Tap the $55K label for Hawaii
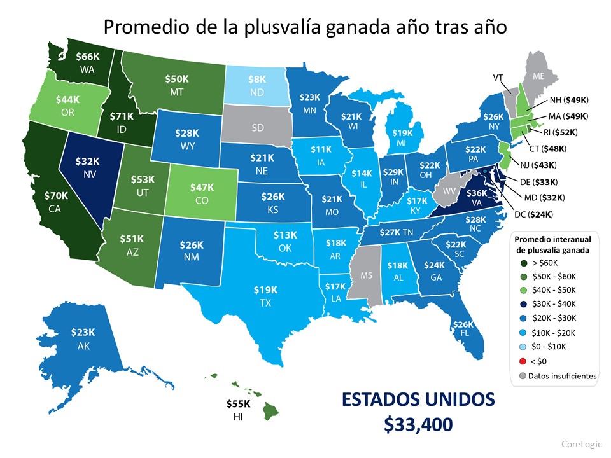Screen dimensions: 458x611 [x=238, y=404]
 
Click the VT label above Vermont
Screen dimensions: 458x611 [x=499, y=77]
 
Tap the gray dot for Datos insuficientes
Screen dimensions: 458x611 [x=523, y=376]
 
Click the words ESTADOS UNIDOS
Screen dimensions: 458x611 [x=418, y=400]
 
